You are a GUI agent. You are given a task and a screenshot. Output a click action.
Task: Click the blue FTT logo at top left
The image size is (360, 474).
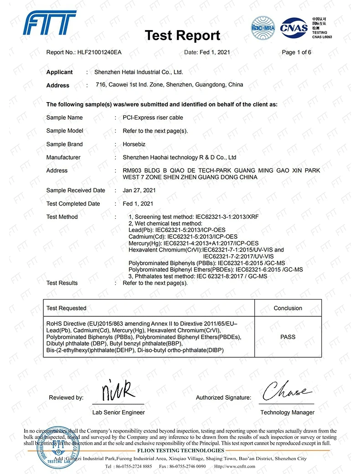[50, 23]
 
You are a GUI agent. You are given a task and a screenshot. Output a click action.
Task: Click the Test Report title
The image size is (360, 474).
[182, 35]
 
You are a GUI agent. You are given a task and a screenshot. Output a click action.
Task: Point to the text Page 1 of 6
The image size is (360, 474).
[297, 52]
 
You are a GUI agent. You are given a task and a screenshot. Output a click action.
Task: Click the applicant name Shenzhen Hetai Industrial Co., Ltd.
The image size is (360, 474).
[139, 72]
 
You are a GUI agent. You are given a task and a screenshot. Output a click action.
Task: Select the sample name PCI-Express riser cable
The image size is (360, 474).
[153, 118]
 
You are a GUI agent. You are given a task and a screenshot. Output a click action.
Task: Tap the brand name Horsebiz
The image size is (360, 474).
[134, 144]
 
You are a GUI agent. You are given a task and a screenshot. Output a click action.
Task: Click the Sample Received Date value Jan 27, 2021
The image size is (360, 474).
[139, 191]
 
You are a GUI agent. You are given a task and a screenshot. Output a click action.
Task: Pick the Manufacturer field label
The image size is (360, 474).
[63, 157]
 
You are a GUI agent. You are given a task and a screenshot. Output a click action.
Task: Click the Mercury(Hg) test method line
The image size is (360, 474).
[194, 243]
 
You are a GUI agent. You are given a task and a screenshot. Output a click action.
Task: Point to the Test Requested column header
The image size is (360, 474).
[67, 308]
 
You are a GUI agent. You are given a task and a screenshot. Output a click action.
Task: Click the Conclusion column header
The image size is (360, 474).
[288, 308]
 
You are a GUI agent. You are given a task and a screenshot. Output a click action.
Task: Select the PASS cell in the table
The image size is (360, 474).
[288, 337]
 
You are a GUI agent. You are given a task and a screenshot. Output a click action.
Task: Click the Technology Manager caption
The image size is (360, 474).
[288, 412]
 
